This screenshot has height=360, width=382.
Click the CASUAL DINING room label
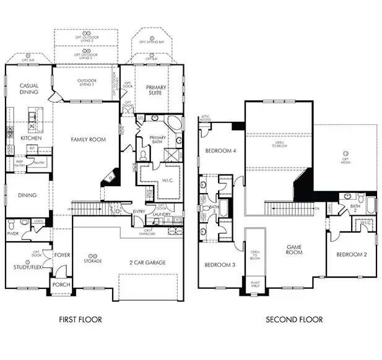pos(29,88)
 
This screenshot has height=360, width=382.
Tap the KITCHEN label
pos(30,138)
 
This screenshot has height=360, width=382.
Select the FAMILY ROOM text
pos(88,140)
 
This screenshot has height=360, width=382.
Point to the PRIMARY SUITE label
pos(156,91)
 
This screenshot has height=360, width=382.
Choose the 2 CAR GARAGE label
pos(147,263)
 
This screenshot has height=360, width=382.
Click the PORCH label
pos(61,285)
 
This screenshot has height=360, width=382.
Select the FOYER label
pos(62,254)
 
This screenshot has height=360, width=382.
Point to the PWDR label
pos(13,234)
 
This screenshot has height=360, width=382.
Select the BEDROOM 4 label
pos(220,151)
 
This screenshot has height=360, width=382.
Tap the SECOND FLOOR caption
pos(294,320)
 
